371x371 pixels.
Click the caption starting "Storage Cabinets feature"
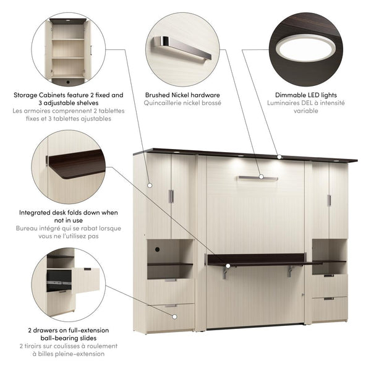pyautogui.click(x=68, y=99)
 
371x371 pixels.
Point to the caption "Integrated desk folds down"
pyautogui.click(x=67, y=216)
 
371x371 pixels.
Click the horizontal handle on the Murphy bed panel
pyautogui.click(x=257, y=177)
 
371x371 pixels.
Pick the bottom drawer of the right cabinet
pyautogui.click(x=329, y=307)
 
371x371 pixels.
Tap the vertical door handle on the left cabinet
pyautogui.click(x=171, y=196)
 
